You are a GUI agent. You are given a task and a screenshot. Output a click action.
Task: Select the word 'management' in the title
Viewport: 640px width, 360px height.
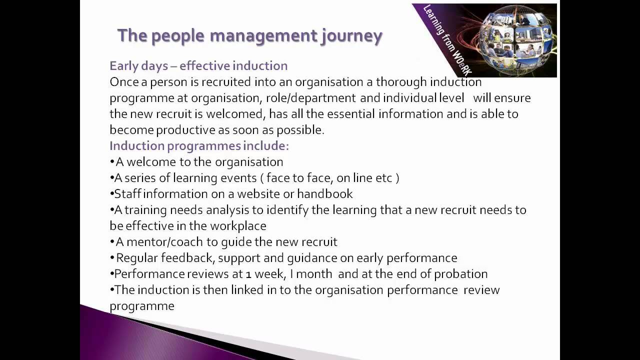[x=263, y=36]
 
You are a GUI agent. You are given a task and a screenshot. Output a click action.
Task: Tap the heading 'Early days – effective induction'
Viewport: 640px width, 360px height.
[x=198, y=65]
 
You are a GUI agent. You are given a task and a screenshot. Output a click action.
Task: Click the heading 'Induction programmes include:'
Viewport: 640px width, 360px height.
[x=199, y=145]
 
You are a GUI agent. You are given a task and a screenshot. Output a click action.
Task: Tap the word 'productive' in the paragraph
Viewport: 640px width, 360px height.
[x=185, y=129]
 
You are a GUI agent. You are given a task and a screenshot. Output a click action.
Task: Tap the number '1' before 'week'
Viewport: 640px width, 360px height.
[x=248, y=274]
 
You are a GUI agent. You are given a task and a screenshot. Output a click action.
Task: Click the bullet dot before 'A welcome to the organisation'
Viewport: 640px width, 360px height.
[x=112, y=162]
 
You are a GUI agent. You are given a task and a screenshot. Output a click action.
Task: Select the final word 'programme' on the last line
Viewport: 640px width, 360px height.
[x=142, y=305]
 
